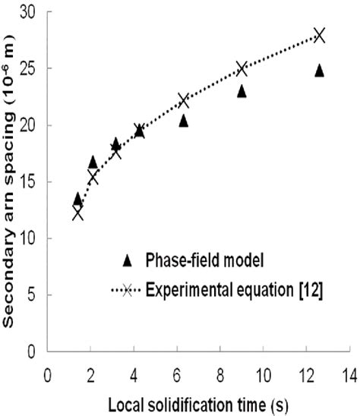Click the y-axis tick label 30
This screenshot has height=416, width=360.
coord(31,12)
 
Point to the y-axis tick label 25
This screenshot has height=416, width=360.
coord(31,68)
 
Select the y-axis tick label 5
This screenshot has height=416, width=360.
coord(35,295)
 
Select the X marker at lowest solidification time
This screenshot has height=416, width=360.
coord(77,214)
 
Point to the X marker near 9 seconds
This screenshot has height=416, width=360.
coord(242,69)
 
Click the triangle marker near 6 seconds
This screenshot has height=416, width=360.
coord(184,121)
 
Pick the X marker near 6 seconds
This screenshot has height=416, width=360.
coord(184,100)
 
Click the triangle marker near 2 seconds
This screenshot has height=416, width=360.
coord(93,162)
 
